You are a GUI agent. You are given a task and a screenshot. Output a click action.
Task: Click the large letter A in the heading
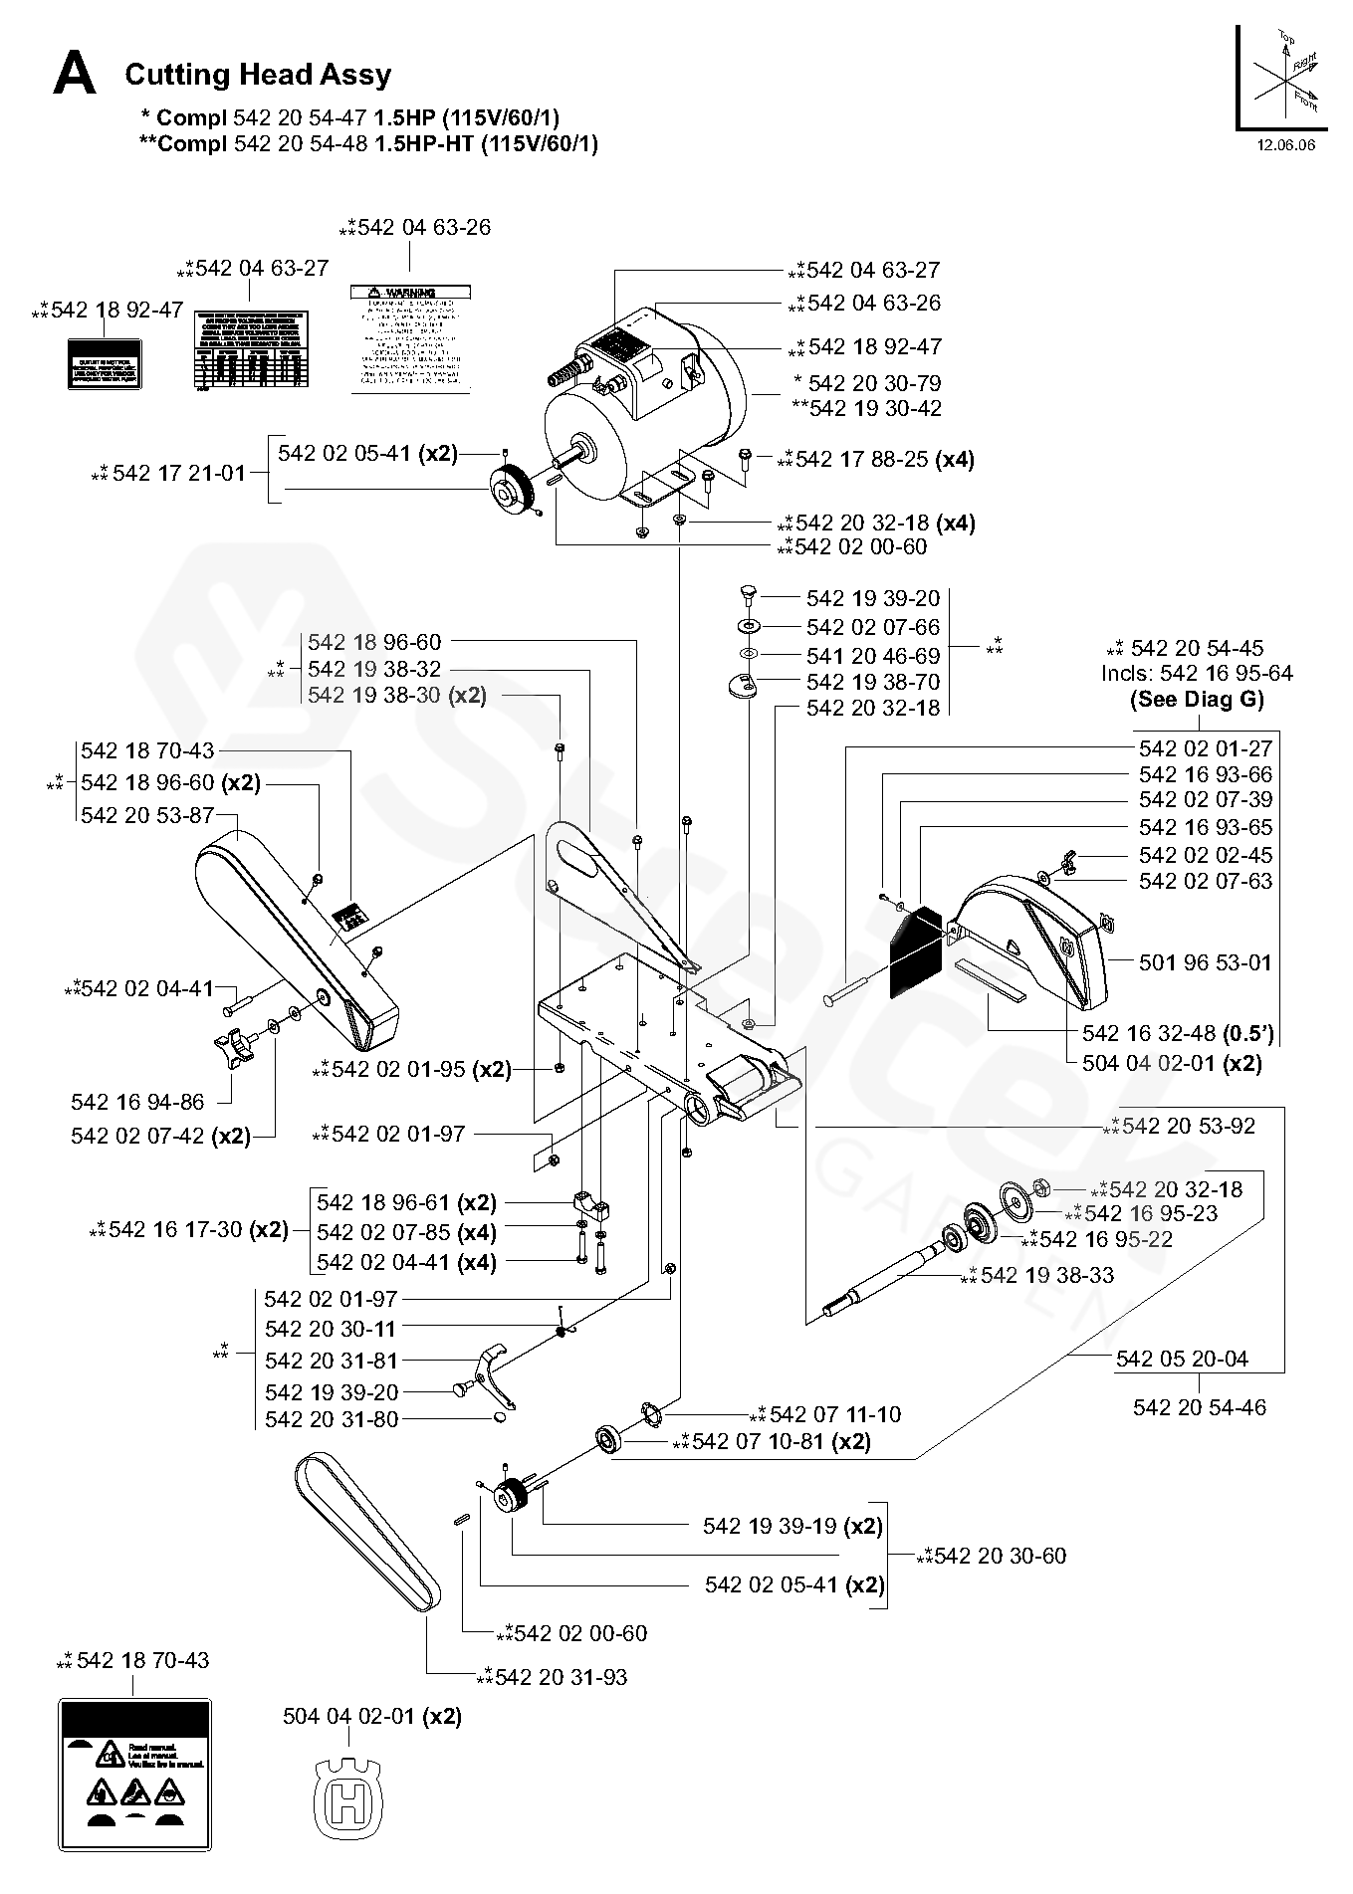coord(75,75)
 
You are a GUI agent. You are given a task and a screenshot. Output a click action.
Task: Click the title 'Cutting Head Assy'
coord(258,75)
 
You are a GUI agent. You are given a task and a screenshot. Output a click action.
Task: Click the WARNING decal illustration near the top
coord(410,338)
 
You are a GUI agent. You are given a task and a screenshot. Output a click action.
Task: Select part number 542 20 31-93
coord(561,1677)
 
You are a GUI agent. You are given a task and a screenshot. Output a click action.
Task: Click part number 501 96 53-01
coord(1206,962)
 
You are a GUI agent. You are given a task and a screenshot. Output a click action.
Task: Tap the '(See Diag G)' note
coord(1197,699)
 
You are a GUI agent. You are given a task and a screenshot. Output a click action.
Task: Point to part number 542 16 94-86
coord(137,1102)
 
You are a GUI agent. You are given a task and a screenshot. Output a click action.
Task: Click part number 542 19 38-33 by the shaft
coord(1047,1275)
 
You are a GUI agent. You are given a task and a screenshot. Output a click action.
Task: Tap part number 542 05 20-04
coord(1183,1360)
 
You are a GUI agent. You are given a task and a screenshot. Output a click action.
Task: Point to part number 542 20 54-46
coord(1200,1407)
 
